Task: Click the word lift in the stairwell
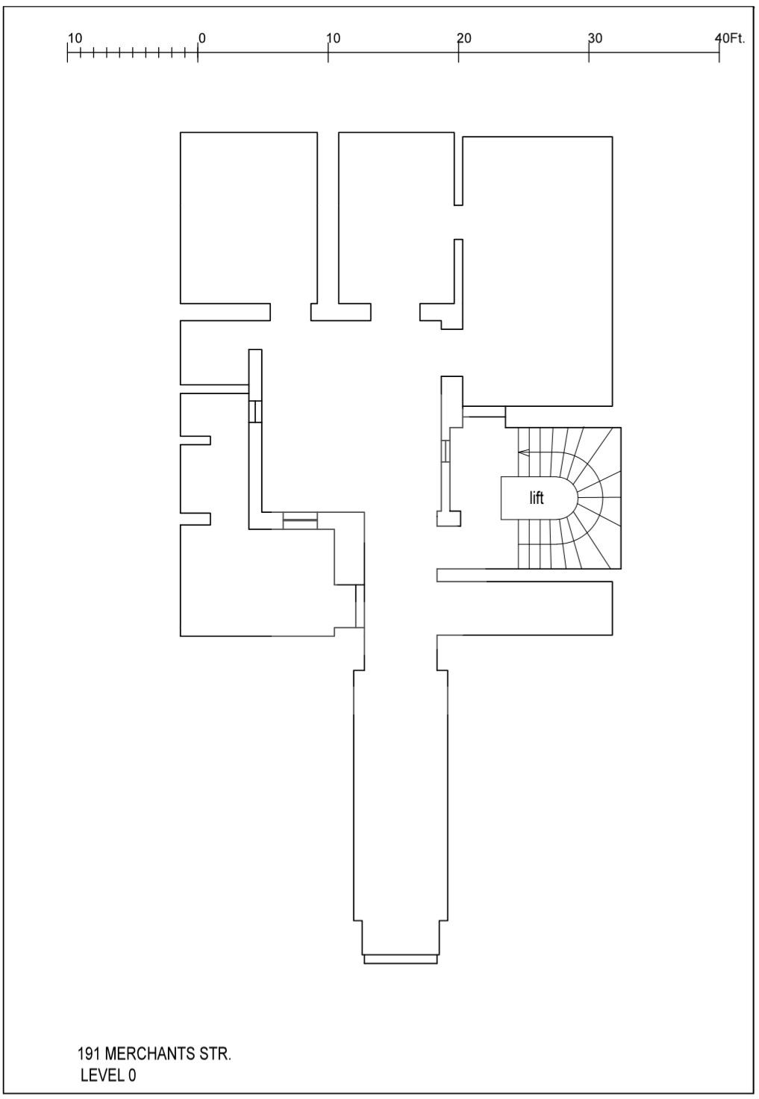click(537, 499)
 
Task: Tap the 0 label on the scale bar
click(202, 38)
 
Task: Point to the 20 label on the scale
click(464, 38)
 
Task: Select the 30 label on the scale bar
click(595, 38)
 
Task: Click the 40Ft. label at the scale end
click(730, 38)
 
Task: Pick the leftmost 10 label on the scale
click(75, 38)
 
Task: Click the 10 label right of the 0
click(334, 38)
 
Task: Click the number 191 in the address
click(90, 1054)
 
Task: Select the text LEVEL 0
click(108, 1075)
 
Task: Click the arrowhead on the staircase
click(523, 452)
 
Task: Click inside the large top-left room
click(249, 217)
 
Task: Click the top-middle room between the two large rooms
click(396, 217)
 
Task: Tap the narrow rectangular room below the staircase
click(525, 608)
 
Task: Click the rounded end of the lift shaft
click(571, 498)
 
